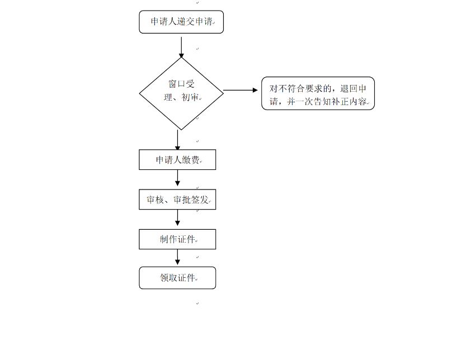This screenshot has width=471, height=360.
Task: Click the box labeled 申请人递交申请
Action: pos(181,22)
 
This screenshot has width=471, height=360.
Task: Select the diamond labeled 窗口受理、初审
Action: pos(181,93)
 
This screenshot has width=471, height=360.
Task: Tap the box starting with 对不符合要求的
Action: pos(318,93)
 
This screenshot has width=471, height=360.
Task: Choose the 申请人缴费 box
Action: pos(177,160)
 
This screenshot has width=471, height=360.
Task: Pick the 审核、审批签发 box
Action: pos(177,200)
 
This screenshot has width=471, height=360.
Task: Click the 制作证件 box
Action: pos(177,239)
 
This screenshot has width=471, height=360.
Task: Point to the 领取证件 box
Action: pos(177,278)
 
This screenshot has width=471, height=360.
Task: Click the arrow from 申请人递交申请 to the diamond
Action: pos(181,46)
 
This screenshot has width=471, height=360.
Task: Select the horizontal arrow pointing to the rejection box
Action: pos(241,90)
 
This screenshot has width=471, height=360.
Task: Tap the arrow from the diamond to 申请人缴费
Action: pos(178,140)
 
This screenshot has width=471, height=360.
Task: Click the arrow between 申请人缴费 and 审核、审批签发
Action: pos(178,179)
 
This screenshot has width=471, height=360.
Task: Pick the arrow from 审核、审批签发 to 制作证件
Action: pos(178,219)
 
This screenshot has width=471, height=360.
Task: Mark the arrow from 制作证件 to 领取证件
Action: pos(178,258)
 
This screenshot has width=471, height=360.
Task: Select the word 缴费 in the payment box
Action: pos(191,160)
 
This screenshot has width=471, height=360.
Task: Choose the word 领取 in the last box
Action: pos(168,278)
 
